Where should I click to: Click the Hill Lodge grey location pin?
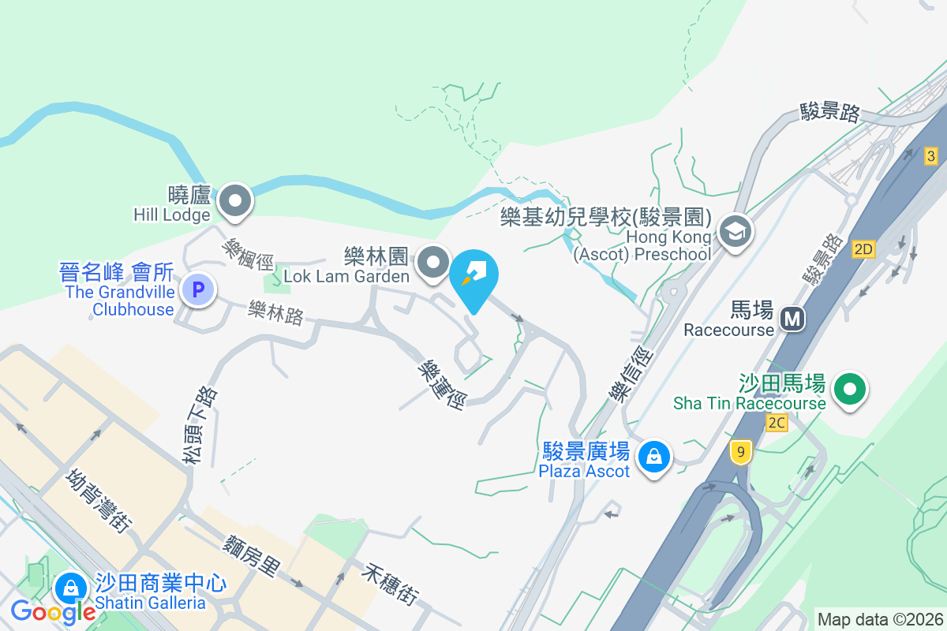[234, 200]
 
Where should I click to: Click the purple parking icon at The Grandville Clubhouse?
[198, 290]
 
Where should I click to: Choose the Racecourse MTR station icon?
[792, 319]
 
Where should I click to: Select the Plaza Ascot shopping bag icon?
[654, 456]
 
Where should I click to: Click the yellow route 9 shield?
[739, 452]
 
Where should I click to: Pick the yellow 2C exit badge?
[777, 423]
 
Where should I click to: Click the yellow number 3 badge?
[931, 156]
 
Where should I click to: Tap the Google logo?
[54, 611]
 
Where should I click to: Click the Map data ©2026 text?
[880, 619]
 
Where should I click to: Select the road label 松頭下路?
[199, 424]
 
